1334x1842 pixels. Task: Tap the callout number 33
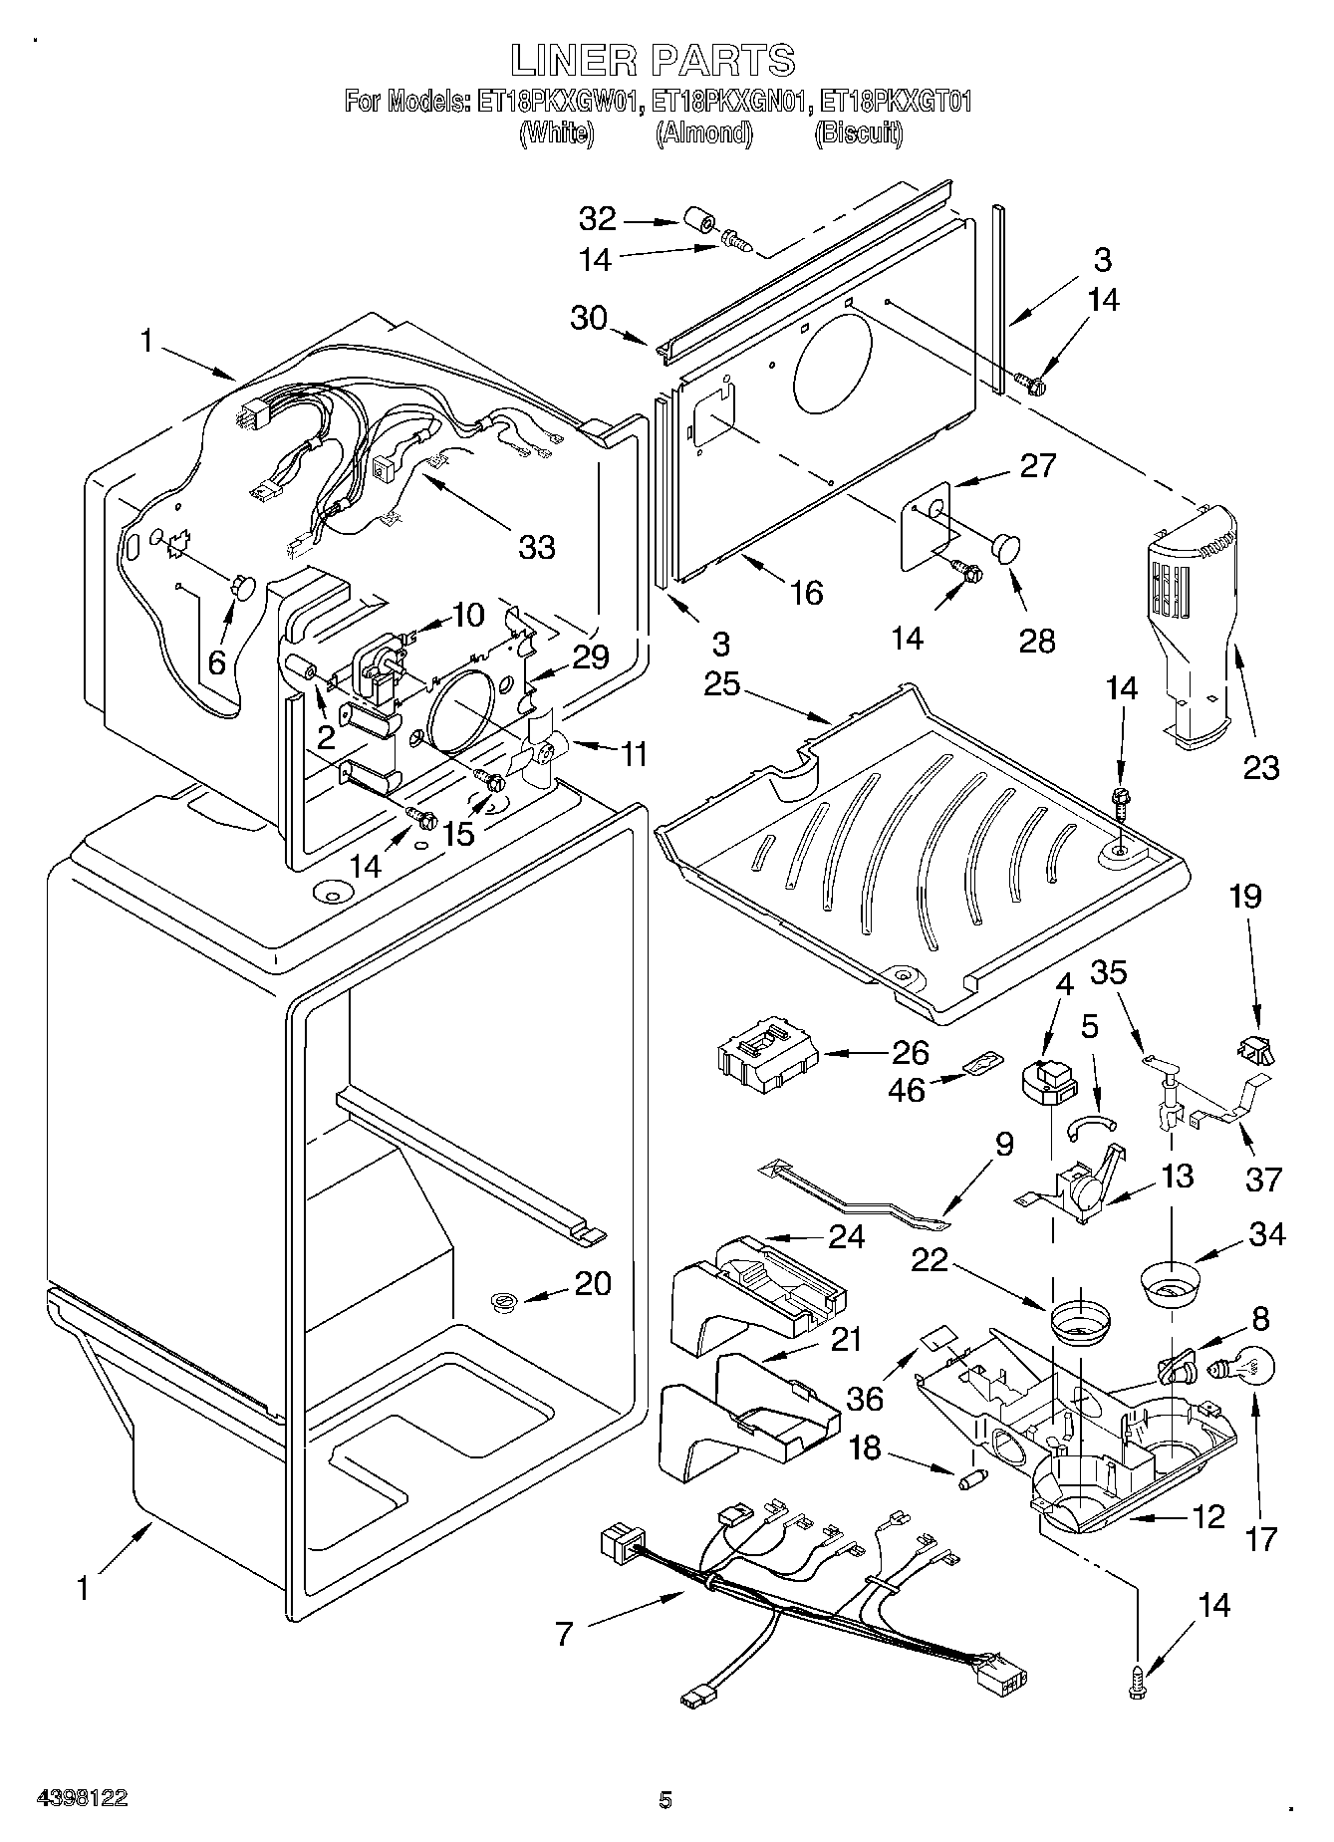click(x=537, y=546)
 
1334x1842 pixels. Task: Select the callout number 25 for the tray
click(x=722, y=685)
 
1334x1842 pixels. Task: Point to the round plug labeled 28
click(x=1006, y=549)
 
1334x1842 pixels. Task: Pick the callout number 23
click(x=1260, y=767)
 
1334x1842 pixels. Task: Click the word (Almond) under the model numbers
click(x=703, y=133)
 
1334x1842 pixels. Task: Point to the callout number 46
click(x=906, y=1089)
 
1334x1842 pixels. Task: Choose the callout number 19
click(x=1244, y=897)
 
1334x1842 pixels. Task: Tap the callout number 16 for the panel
click(x=805, y=594)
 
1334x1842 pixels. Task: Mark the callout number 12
click(x=1206, y=1516)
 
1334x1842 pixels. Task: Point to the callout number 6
click(x=216, y=661)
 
